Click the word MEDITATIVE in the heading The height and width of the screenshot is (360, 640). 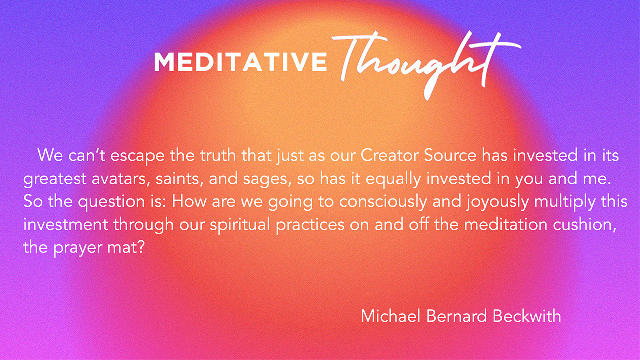tap(241, 61)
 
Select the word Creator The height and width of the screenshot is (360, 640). tap(390, 155)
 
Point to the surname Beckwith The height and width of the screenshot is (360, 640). tap(527, 316)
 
